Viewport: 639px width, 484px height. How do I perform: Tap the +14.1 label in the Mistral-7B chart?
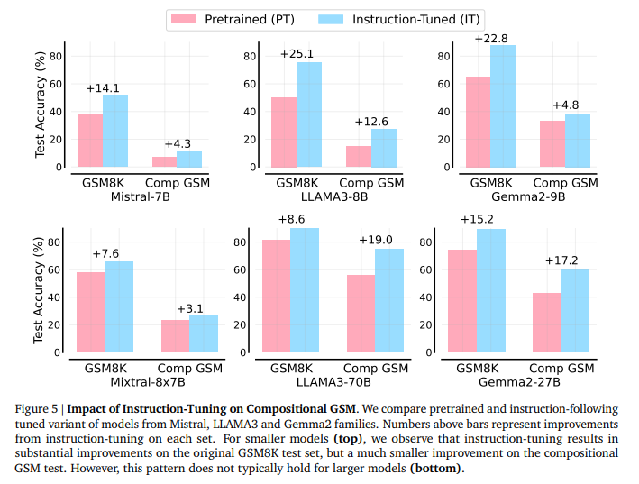(x=102, y=87)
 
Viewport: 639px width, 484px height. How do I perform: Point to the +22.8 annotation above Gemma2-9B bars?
(x=489, y=38)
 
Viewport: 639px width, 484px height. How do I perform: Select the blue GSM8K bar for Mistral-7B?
(x=114, y=131)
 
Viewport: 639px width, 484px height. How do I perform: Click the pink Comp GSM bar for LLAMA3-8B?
(x=359, y=157)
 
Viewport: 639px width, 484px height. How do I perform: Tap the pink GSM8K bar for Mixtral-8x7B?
(x=90, y=312)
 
